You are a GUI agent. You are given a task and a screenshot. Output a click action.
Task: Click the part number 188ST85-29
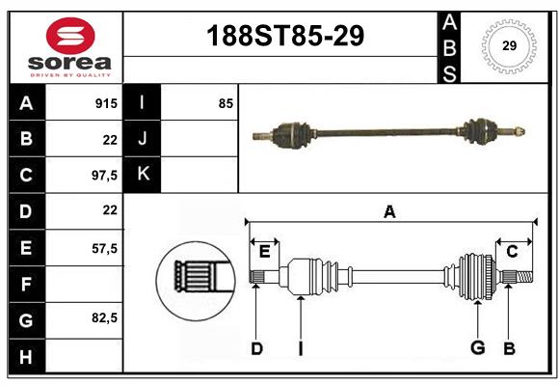(286, 37)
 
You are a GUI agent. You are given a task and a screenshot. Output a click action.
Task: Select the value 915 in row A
(105, 103)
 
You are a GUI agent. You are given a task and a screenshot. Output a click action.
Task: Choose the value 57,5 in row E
(103, 248)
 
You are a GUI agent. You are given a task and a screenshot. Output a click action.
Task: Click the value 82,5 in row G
(103, 317)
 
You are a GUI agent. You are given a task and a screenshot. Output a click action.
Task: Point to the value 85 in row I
(226, 103)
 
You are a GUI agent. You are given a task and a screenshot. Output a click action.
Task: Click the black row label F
(26, 285)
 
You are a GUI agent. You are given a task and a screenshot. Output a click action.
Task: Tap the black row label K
(143, 175)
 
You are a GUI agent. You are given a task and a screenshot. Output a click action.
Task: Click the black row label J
(143, 139)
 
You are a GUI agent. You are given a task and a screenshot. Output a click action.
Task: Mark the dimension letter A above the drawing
(389, 211)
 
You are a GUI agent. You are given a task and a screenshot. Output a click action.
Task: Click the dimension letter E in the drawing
(264, 252)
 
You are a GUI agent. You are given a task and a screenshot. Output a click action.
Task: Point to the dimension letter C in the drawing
(513, 252)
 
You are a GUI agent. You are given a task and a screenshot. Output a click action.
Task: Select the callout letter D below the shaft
(256, 348)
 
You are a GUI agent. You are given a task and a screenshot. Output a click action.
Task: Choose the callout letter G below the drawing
(476, 348)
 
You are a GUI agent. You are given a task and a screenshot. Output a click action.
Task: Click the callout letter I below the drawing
(300, 348)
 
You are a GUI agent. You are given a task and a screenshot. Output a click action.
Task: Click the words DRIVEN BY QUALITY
(70, 74)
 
